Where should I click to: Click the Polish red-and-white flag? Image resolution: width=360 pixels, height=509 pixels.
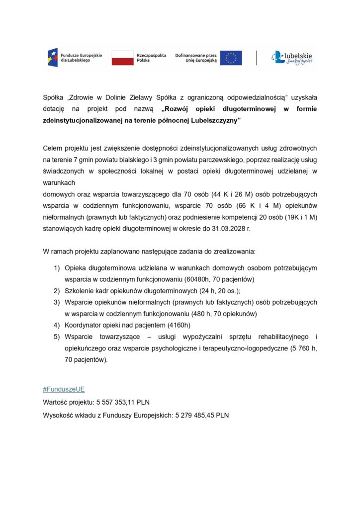pyautogui.click(x=123, y=58)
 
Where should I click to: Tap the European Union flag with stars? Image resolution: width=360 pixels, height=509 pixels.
pyautogui.click(x=231, y=58)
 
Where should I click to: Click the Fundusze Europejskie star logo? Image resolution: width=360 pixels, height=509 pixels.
pyautogui.click(x=52, y=58)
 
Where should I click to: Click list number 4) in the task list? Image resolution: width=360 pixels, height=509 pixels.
pyautogui.click(x=57, y=326)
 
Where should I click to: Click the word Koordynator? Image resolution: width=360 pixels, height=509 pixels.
pyautogui.click(x=85, y=326)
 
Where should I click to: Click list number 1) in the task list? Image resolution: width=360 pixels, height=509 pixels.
pyautogui.click(x=57, y=267)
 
